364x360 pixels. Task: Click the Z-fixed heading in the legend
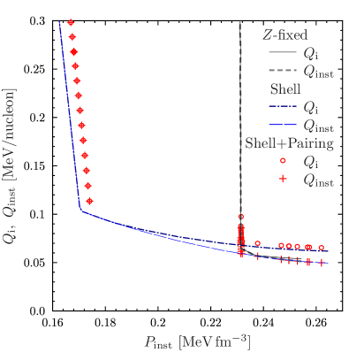(x=284, y=35)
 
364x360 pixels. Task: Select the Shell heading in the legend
(x=284, y=89)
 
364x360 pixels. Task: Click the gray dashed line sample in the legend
(x=283, y=70)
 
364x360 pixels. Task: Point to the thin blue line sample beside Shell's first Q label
(x=283, y=107)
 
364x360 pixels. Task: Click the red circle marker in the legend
(x=283, y=161)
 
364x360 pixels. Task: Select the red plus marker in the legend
(x=283, y=180)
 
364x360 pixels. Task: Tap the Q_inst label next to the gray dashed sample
(x=318, y=71)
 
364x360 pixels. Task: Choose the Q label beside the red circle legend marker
(x=309, y=161)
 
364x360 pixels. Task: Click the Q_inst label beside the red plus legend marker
(x=318, y=180)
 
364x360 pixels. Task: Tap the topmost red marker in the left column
(x=71, y=22)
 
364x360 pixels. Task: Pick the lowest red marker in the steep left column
(x=89, y=199)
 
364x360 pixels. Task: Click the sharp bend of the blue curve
(x=81, y=211)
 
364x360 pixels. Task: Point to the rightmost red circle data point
(x=322, y=248)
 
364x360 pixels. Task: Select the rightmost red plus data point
(x=322, y=263)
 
